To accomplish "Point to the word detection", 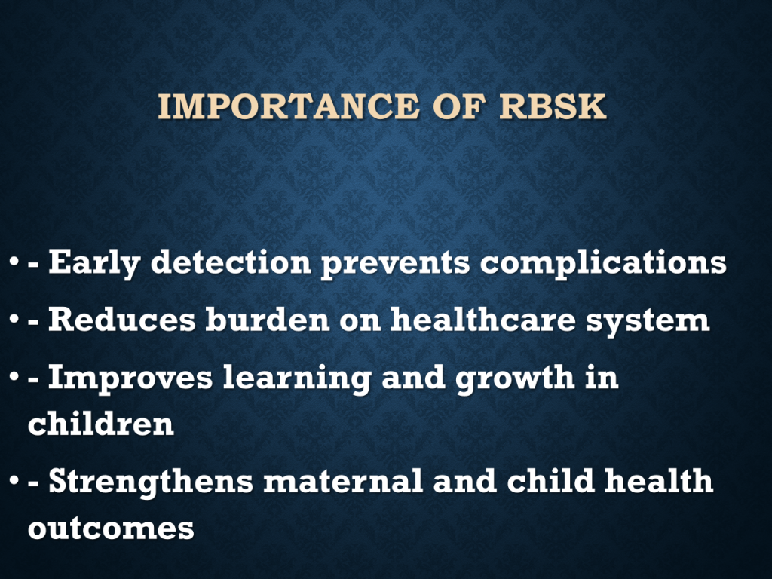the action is coord(231,262).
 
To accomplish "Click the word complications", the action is coord(603,263).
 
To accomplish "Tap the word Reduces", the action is coord(121,319).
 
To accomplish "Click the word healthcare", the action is coord(483,319).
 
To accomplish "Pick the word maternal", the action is coord(343,482).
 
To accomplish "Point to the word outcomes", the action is coord(112,528).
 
